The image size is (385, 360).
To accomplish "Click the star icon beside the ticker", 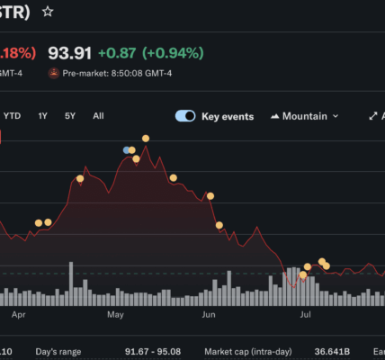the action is coord(48,12).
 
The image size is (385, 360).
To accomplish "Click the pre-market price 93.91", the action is coord(69,53).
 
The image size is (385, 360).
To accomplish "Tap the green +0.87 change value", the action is coord(117,53).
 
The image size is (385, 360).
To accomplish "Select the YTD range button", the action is coord(12,116).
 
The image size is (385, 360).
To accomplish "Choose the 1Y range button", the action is coord(42,116).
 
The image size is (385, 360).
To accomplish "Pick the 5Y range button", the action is coord(70,116).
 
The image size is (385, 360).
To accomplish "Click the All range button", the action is coord(98,116).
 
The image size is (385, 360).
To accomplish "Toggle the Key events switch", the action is coord(185,116).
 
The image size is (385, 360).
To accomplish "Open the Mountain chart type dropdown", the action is coord(305,116).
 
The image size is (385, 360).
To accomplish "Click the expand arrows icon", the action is coord(373,116).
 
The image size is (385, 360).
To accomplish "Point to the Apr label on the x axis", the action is coord(19,315).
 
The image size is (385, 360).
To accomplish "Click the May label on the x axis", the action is coord(115,315).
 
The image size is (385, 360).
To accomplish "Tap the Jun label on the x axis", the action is coord(209,315).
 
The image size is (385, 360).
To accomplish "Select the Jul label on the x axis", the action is coord(305,315).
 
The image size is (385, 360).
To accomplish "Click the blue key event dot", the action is coord(126,150).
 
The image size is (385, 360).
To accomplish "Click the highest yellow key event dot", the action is coord(146,139).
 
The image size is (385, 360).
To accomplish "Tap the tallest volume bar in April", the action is coord(71,283).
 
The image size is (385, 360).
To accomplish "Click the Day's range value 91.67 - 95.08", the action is coord(153,352).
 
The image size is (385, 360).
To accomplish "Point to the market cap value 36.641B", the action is coord(332,352).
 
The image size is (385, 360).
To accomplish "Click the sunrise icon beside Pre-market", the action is coord(54,73).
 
